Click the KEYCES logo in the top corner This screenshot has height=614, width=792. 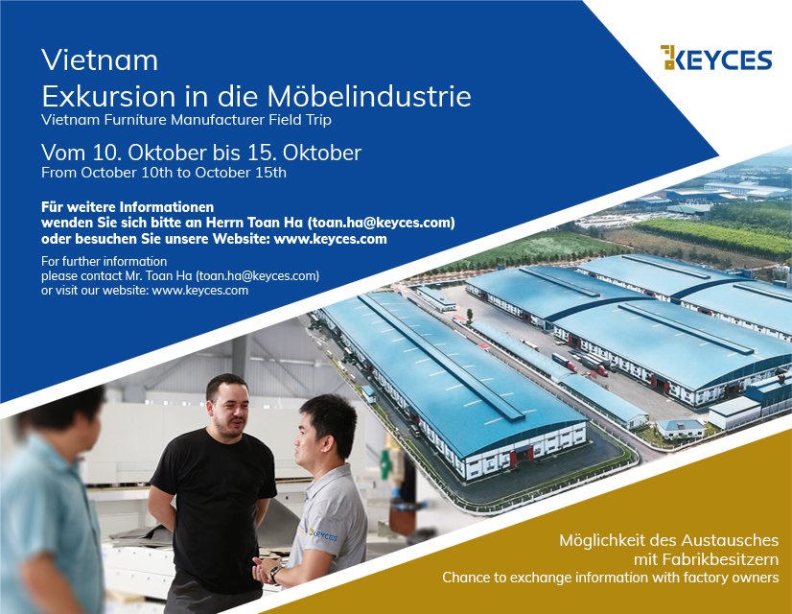(x=715, y=58)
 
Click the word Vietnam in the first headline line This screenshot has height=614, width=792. (x=100, y=60)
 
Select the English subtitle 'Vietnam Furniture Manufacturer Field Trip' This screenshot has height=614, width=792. (x=186, y=120)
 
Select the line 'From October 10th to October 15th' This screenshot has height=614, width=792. (x=164, y=173)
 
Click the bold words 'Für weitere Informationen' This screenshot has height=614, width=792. (x=128, y=207)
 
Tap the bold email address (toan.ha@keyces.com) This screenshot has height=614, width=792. (x=381, y=223)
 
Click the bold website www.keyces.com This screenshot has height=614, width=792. (x=331, y=239)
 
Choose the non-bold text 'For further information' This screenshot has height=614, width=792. (x=105, y=261)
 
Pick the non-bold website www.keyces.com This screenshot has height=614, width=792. (x=200, y=291)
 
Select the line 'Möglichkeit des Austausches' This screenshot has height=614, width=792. (x=668, y=541)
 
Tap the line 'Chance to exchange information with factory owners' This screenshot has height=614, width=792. (x=610, y=578)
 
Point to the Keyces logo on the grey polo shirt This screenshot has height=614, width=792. (x=323, y=534)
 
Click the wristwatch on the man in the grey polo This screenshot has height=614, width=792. (x=275, y=573)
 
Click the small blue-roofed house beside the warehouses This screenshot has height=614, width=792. (x=681, y=429)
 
